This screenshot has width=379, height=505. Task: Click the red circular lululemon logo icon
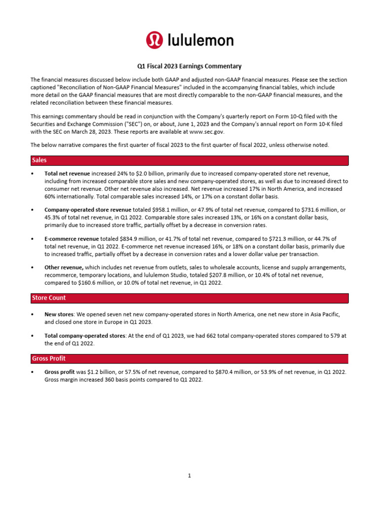153,40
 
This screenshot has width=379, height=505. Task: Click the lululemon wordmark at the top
198,40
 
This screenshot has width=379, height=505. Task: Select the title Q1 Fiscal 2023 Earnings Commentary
189,66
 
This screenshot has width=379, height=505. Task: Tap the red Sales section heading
39,160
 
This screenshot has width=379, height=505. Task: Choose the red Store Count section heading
49,298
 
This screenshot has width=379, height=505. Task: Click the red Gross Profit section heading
49,358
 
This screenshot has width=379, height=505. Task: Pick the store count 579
333,336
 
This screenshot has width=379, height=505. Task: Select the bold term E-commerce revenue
72,238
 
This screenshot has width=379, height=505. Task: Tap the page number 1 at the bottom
189,475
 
